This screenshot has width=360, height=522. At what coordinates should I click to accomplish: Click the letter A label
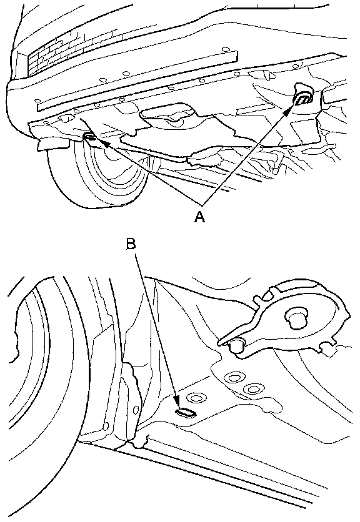[200, 217]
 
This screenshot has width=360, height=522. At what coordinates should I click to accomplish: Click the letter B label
[131, 244]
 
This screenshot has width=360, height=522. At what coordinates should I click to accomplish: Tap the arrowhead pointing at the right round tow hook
[287, 112]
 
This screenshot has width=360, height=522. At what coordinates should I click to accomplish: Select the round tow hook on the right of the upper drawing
[302, 97]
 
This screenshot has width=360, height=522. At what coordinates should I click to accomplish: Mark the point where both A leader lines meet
[201, 204]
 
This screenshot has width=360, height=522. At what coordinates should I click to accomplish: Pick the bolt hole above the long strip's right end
[226, 49]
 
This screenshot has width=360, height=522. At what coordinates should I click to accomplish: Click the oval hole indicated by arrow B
[186, 413]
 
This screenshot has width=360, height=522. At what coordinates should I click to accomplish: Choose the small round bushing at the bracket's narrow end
[237, 346]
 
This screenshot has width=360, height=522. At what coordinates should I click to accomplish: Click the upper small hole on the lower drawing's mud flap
[136, 408]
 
